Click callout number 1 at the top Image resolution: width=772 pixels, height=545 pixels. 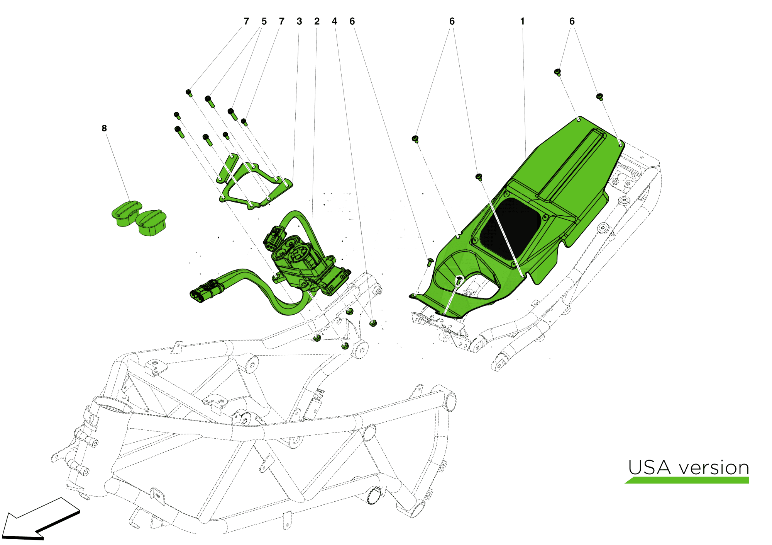coord(522,22)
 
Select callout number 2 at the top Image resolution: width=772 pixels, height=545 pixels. coord(317,22)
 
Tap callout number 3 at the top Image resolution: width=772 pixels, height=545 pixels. coord(299,22)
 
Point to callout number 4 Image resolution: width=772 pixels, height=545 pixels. coord(334,22)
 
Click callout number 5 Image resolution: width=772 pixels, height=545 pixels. coord(264,22)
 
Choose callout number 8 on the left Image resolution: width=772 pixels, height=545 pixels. coord(104,128)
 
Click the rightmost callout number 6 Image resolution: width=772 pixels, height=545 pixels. coord(572,22)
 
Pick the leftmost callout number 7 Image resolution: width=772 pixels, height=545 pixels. coord(246,22)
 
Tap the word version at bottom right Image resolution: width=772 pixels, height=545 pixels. coord(714,468)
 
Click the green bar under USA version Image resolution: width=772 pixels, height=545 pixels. coord(687,480)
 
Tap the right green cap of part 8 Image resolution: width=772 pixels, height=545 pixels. coord(151,223)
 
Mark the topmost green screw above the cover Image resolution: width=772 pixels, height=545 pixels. coord(558,72)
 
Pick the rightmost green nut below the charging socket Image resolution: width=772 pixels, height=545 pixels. coord(373,323)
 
